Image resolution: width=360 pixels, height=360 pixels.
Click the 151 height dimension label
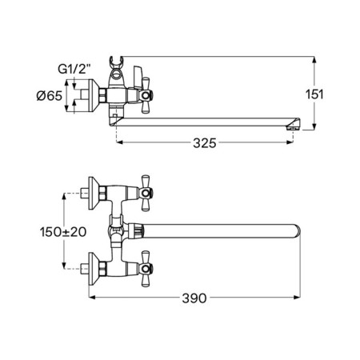coord(314,94)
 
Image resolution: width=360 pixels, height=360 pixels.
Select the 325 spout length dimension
coord(205,143)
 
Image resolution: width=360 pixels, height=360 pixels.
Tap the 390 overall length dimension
coord(194,298)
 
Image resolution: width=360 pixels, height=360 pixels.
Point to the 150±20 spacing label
coord(63,232)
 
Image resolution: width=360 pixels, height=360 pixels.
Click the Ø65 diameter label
coord(50,95)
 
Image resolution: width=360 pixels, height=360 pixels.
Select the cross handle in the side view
coord(146,95)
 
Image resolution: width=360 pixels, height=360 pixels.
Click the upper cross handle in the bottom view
coord(146,193)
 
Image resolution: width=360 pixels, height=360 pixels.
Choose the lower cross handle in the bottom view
coord(146,269)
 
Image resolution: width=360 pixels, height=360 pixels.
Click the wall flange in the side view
coord(94,95)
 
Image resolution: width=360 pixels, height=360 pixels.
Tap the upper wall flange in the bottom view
coord(94,193)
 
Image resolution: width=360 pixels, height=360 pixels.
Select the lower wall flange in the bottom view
coord(94,269)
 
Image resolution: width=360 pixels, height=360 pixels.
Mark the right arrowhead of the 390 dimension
coord(297,297)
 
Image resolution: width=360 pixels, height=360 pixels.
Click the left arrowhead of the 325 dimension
coord(120,142)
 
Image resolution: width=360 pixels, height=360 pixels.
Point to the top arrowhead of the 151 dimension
coord(314,60)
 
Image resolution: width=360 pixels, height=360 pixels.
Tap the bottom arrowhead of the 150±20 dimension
coord(64,266)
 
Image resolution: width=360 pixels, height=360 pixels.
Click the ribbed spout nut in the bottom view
coord(138,231)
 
